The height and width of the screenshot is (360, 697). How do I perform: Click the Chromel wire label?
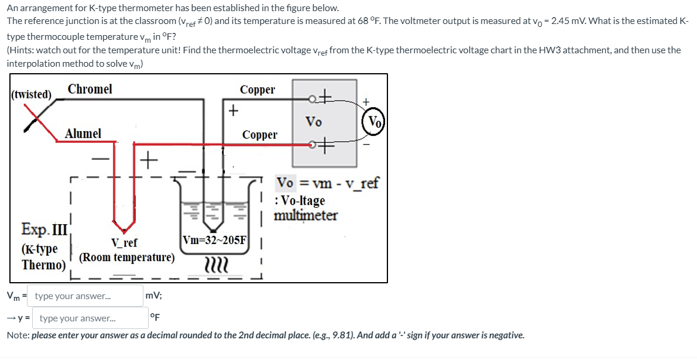pyautogui.click(x=90, y=89)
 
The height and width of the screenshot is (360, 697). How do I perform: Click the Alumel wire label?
pyautogui.click(x=83, y=133)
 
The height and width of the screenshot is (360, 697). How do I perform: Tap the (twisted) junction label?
pyautogui.click(x=31, y=94)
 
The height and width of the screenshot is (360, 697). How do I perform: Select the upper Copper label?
pyautogui.click(x=257, y=90)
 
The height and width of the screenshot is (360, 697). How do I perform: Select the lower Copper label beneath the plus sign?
pyautogui.click(x=260, y=135)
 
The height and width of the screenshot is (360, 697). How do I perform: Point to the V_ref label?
pyautogui.click(x=124, y=243)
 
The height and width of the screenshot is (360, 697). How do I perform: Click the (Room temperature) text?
pyautogui.click(x=126, y=258)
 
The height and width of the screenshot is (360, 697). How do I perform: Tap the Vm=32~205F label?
pyautogui.click(x=215, y=240)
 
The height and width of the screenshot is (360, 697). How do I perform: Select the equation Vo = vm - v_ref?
pyautogui.click(x=327, y=183)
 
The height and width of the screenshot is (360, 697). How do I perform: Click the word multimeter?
pyautogui.click(x=305, y=215)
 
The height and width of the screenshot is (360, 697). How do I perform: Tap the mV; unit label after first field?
pyautogui.click(x=154, y=296)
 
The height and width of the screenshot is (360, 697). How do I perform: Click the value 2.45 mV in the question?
pyautogui.click(x=648, y=21)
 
